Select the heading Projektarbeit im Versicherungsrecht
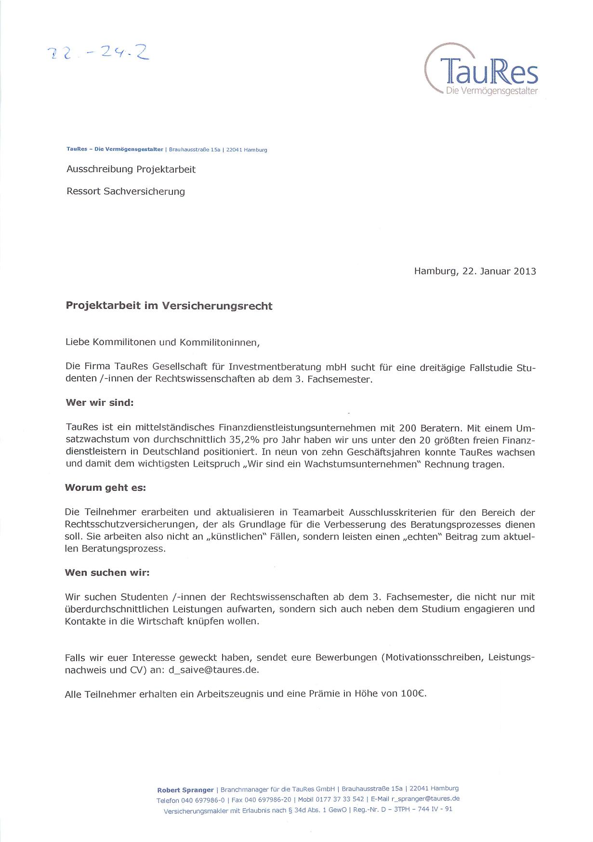(169, 306)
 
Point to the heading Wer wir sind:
(99, 403)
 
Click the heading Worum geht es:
(105, 487)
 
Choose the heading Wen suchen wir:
(107, 573)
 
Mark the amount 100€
(414, 694)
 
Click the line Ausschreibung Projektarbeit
(131, 170)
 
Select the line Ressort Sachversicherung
(125, 191)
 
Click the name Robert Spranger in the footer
(185, 790)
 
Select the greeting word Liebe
(77, 343)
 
